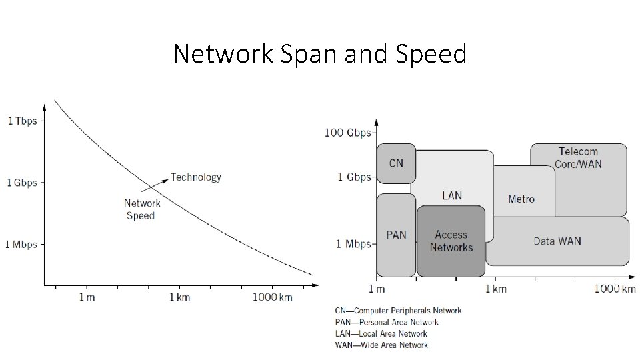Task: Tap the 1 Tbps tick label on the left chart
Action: (22, 121)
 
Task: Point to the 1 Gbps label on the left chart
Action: (22, 183)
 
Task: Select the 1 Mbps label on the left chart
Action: (21, 245)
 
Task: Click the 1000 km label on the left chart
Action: (272, 297)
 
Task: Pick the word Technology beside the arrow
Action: (196, 177)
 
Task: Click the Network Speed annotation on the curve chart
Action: (142, 209)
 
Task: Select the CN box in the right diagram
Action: (396, 163)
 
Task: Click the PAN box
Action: (396, 235)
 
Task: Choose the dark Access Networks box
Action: (451, 241)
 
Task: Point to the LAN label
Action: (452, 195)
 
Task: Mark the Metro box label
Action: (521, 199)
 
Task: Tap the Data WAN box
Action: (557, 241)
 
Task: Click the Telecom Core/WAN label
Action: (578, 157)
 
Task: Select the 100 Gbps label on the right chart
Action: (347, 132)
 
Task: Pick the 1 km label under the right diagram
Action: (495, 289)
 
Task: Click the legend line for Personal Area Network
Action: (387, 322)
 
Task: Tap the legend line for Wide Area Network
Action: (381, 345)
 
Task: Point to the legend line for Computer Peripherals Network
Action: (398, 311)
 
